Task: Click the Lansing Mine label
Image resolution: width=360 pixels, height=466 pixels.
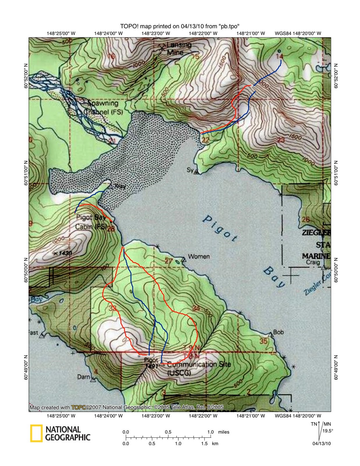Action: (x=176, y=49)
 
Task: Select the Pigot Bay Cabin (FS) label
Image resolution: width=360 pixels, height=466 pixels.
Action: (x=91, y=222)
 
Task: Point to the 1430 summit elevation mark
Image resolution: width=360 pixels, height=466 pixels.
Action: (x=63, y=253)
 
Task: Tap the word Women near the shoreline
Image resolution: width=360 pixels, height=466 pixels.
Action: (x=199, y=256)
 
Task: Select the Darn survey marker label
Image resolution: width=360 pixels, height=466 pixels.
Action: (x=83, y=377)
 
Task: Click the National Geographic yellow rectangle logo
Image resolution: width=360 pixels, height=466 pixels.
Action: (x=36, y=433)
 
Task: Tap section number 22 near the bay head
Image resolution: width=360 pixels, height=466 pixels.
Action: (x=205, y=140)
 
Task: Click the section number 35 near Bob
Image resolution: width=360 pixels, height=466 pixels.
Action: (x=263, y=341)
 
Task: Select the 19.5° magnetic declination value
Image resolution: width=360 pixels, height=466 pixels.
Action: (x=327, y=431)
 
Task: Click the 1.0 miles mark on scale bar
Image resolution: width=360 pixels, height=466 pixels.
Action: (x=210, y=432)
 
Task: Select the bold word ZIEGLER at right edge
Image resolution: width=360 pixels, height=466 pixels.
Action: (x=316, y=233)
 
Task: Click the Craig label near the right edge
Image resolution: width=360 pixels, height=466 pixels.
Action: (x=313, y=262)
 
